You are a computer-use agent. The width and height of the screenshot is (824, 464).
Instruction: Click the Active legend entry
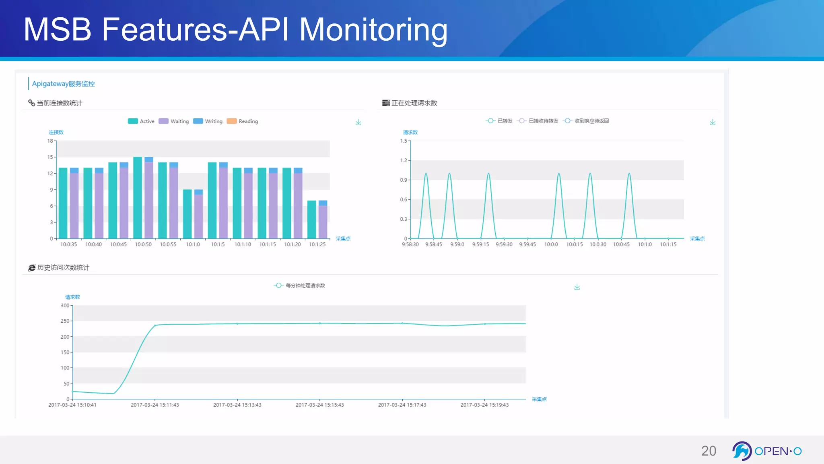point(141,121)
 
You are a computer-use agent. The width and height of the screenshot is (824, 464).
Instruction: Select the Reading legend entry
point(242,121)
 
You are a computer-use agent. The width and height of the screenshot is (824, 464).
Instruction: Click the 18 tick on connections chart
point(50,141)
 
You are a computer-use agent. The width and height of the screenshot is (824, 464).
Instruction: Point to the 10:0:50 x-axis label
point(143,244)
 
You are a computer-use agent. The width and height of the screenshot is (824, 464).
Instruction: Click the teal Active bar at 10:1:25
point(311,220)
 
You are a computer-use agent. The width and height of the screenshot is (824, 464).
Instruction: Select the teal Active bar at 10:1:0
point(187,214)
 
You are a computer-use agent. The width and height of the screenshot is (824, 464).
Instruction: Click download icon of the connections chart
point(358,122)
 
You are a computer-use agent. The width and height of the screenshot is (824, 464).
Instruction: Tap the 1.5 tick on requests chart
point(404,141)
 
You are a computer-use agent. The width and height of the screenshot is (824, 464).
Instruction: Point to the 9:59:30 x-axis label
point(504,244)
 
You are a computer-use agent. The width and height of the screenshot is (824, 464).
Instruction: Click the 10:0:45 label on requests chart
point(621,244)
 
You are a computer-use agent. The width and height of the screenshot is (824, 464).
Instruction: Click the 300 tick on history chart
point(65,306)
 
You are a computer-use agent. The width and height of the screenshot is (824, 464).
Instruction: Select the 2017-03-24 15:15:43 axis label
point(319,405)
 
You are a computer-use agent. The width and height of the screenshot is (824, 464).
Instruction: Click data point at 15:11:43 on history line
point(155,325)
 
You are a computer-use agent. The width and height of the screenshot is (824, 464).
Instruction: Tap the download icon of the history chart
point(577,287)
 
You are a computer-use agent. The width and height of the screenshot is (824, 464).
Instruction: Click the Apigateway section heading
point(63,84)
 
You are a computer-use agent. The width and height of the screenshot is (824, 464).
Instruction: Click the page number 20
point(709,451)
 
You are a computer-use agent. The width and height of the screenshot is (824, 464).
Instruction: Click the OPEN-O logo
point(766,451)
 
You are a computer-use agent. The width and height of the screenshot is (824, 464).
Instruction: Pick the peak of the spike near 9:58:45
point(449,174)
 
